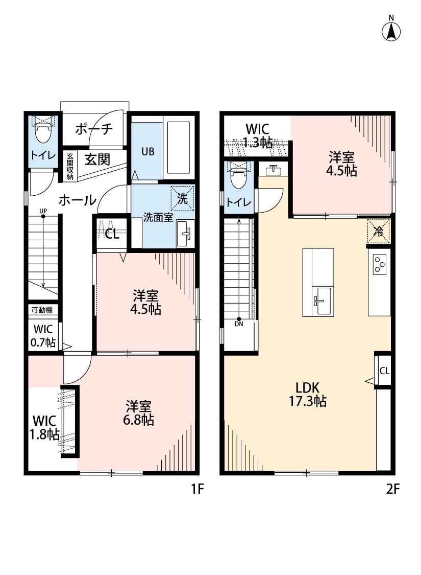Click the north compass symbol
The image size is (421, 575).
[x=391, y=31]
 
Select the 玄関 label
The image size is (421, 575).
[x=97, y=159]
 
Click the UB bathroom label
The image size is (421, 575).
[x=148, y=151]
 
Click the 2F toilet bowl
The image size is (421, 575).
[x=239, y=179]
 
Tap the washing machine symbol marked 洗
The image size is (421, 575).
[x=182, y=197]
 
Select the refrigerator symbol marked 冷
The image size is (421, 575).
[x=379, y=230]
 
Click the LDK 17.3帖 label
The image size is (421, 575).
[x=308, y=394]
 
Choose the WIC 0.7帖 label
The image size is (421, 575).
[x=44, y=336]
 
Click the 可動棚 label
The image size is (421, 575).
[x=43, y=310]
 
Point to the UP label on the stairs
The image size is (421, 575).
[x=43, y=211]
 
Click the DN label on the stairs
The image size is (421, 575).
[x=239, y=324]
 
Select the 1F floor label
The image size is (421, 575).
[x=197, y=489]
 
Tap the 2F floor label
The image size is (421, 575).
[x=392, y=489]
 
